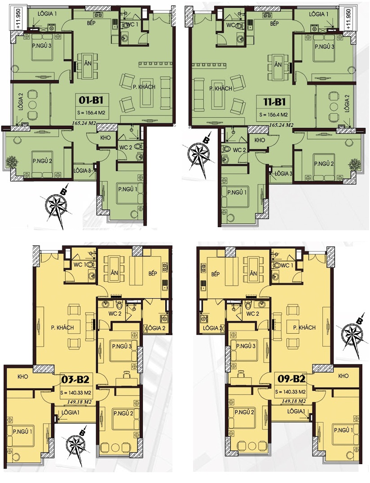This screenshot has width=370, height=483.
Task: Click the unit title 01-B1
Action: click(91, 100)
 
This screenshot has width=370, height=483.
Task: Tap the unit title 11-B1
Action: click(274, 102)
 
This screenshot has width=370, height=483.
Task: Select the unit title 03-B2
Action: click(75, 380)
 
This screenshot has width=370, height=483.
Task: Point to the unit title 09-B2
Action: click(291, 379)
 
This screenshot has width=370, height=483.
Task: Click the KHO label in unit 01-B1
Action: click(105, 138)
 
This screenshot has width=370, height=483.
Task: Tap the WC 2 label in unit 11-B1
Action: click(239, 150)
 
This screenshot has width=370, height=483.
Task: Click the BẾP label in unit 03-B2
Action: click(153, 273)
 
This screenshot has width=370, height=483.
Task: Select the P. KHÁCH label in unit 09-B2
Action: click(304, 327)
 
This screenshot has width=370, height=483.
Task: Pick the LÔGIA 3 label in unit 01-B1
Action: click(82, 170)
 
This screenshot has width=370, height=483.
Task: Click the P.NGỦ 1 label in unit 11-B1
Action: click(237, 192)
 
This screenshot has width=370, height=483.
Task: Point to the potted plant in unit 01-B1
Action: click(12, 161)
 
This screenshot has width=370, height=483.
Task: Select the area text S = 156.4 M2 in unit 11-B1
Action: click(273, 115)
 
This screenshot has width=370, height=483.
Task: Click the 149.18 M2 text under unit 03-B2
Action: click(79, 402)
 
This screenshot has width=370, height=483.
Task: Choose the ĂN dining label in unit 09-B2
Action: click(253, 273)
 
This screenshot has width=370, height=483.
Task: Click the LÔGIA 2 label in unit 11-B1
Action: click(347, 103)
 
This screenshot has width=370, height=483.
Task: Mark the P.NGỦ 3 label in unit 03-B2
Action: click(122, 346)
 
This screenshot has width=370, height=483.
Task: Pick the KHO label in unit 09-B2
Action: click(343, 376)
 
